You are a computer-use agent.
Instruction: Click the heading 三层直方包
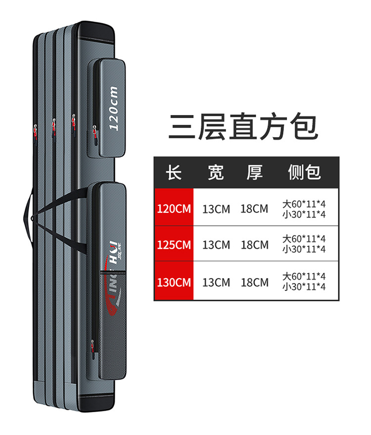click(x=243, y=126)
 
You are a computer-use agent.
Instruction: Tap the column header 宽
click(x=216, y=172)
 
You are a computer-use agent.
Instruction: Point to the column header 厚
click(x=254, y=172)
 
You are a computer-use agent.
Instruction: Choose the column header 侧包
click(x=304, y=172)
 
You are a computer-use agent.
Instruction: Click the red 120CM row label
click(x=174, y=208)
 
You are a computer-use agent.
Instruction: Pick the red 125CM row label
click(x=174, y=245)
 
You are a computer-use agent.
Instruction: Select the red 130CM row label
click(x=174, y=283)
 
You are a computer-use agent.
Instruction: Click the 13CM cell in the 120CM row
click(x=216, y=208)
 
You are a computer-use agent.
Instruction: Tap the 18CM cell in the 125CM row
click(x=254, y=245)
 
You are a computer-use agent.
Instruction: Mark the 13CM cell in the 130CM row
click(x=216, y=283)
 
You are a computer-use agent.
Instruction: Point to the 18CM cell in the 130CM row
click(x=254, y=283)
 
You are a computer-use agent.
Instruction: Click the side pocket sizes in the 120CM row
click(x=304, y=208)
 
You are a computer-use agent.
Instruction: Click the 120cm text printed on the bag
click(x=113, y=108)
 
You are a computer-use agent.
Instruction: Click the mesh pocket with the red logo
click(x=110, y=307)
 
